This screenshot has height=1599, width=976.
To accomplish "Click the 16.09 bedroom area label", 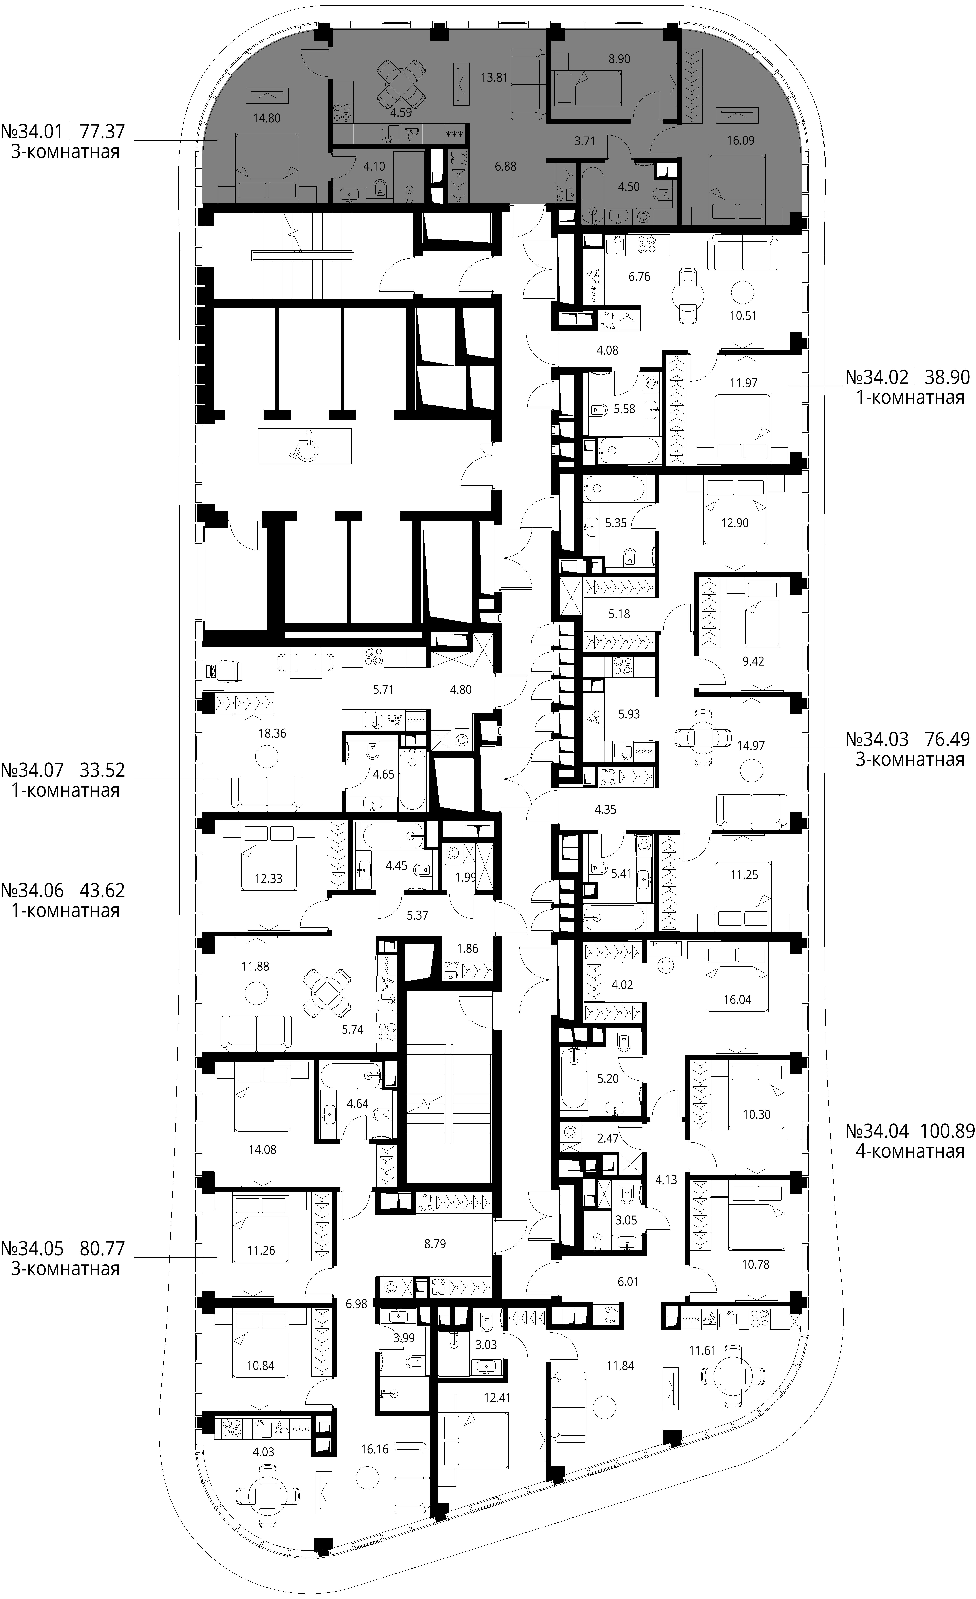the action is pyautogui.click(x=740, y=140).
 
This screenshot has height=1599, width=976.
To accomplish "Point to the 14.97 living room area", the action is pyautogui.click(x=751, y=746).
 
